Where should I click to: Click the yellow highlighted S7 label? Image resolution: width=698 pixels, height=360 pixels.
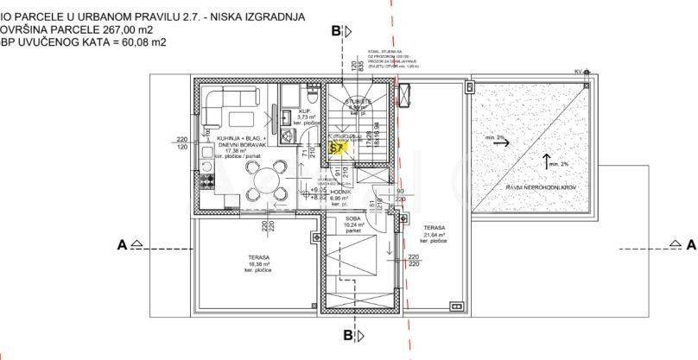click(x=338, y=148)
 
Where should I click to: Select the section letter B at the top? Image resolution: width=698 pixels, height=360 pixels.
click(x=336, y=31)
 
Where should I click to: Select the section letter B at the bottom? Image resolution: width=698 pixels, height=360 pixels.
click(x=347, y=334)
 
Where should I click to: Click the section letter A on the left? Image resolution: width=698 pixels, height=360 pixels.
click(x=123, y=245)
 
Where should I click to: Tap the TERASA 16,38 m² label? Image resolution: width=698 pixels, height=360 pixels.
click(x=258, y=263)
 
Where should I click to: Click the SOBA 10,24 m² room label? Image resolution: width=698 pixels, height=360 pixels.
click(x=352, y=224)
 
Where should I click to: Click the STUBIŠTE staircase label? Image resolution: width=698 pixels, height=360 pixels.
click(x=358, y=102)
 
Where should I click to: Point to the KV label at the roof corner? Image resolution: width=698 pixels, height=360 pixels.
click(x=578, y=72)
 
